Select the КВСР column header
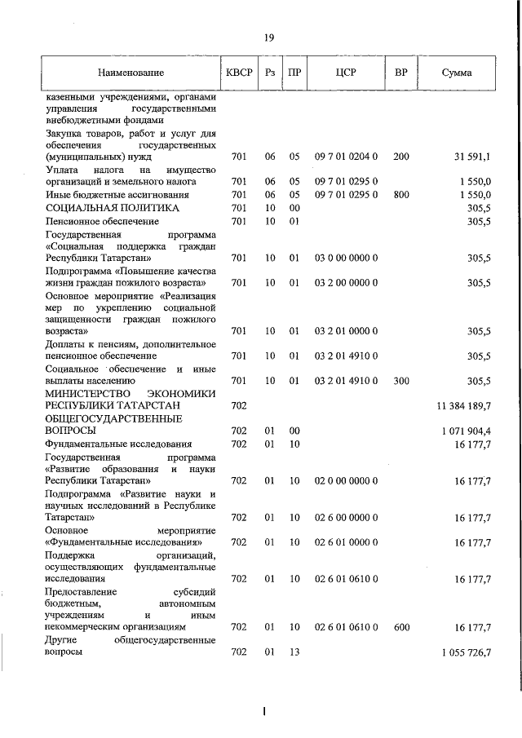coord(238,73)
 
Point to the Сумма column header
coord(456,73)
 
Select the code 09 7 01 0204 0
coord(346,156)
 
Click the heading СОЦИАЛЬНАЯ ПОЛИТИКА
coord(112,207)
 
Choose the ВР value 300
coord(400,380)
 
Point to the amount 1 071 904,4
coord(466,430)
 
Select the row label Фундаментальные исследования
coord(119,444)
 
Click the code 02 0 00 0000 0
coord(346,481)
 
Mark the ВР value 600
coord(400,627)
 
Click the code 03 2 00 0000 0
coord(346,283)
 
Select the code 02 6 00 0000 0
coord(346,517)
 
